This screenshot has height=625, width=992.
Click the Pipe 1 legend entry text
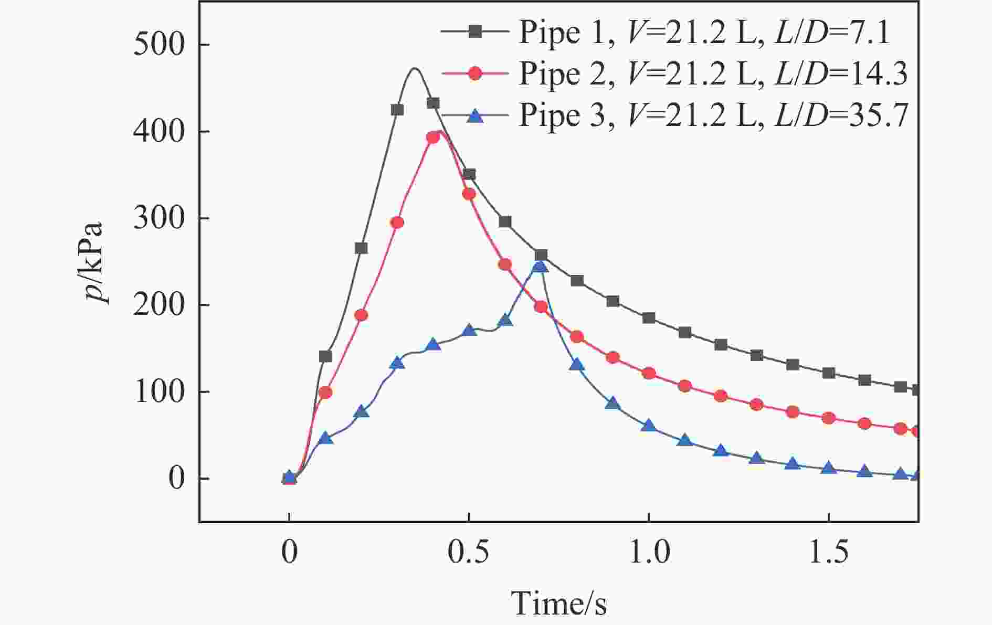pos(704,33)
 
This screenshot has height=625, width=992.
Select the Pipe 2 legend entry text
pos(713,74)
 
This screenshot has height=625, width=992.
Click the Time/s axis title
pos(558,603)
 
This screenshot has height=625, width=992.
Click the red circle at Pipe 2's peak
pos(433,137)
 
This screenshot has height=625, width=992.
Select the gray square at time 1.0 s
pos(649,318)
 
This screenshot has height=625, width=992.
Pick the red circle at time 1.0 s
pos(649,374)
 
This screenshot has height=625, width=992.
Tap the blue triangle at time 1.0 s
pos(649,426)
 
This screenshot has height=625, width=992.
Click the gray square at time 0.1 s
pos(325,357)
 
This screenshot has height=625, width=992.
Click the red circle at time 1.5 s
pos(828,418)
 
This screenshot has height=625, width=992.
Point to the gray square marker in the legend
pos(475,31)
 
